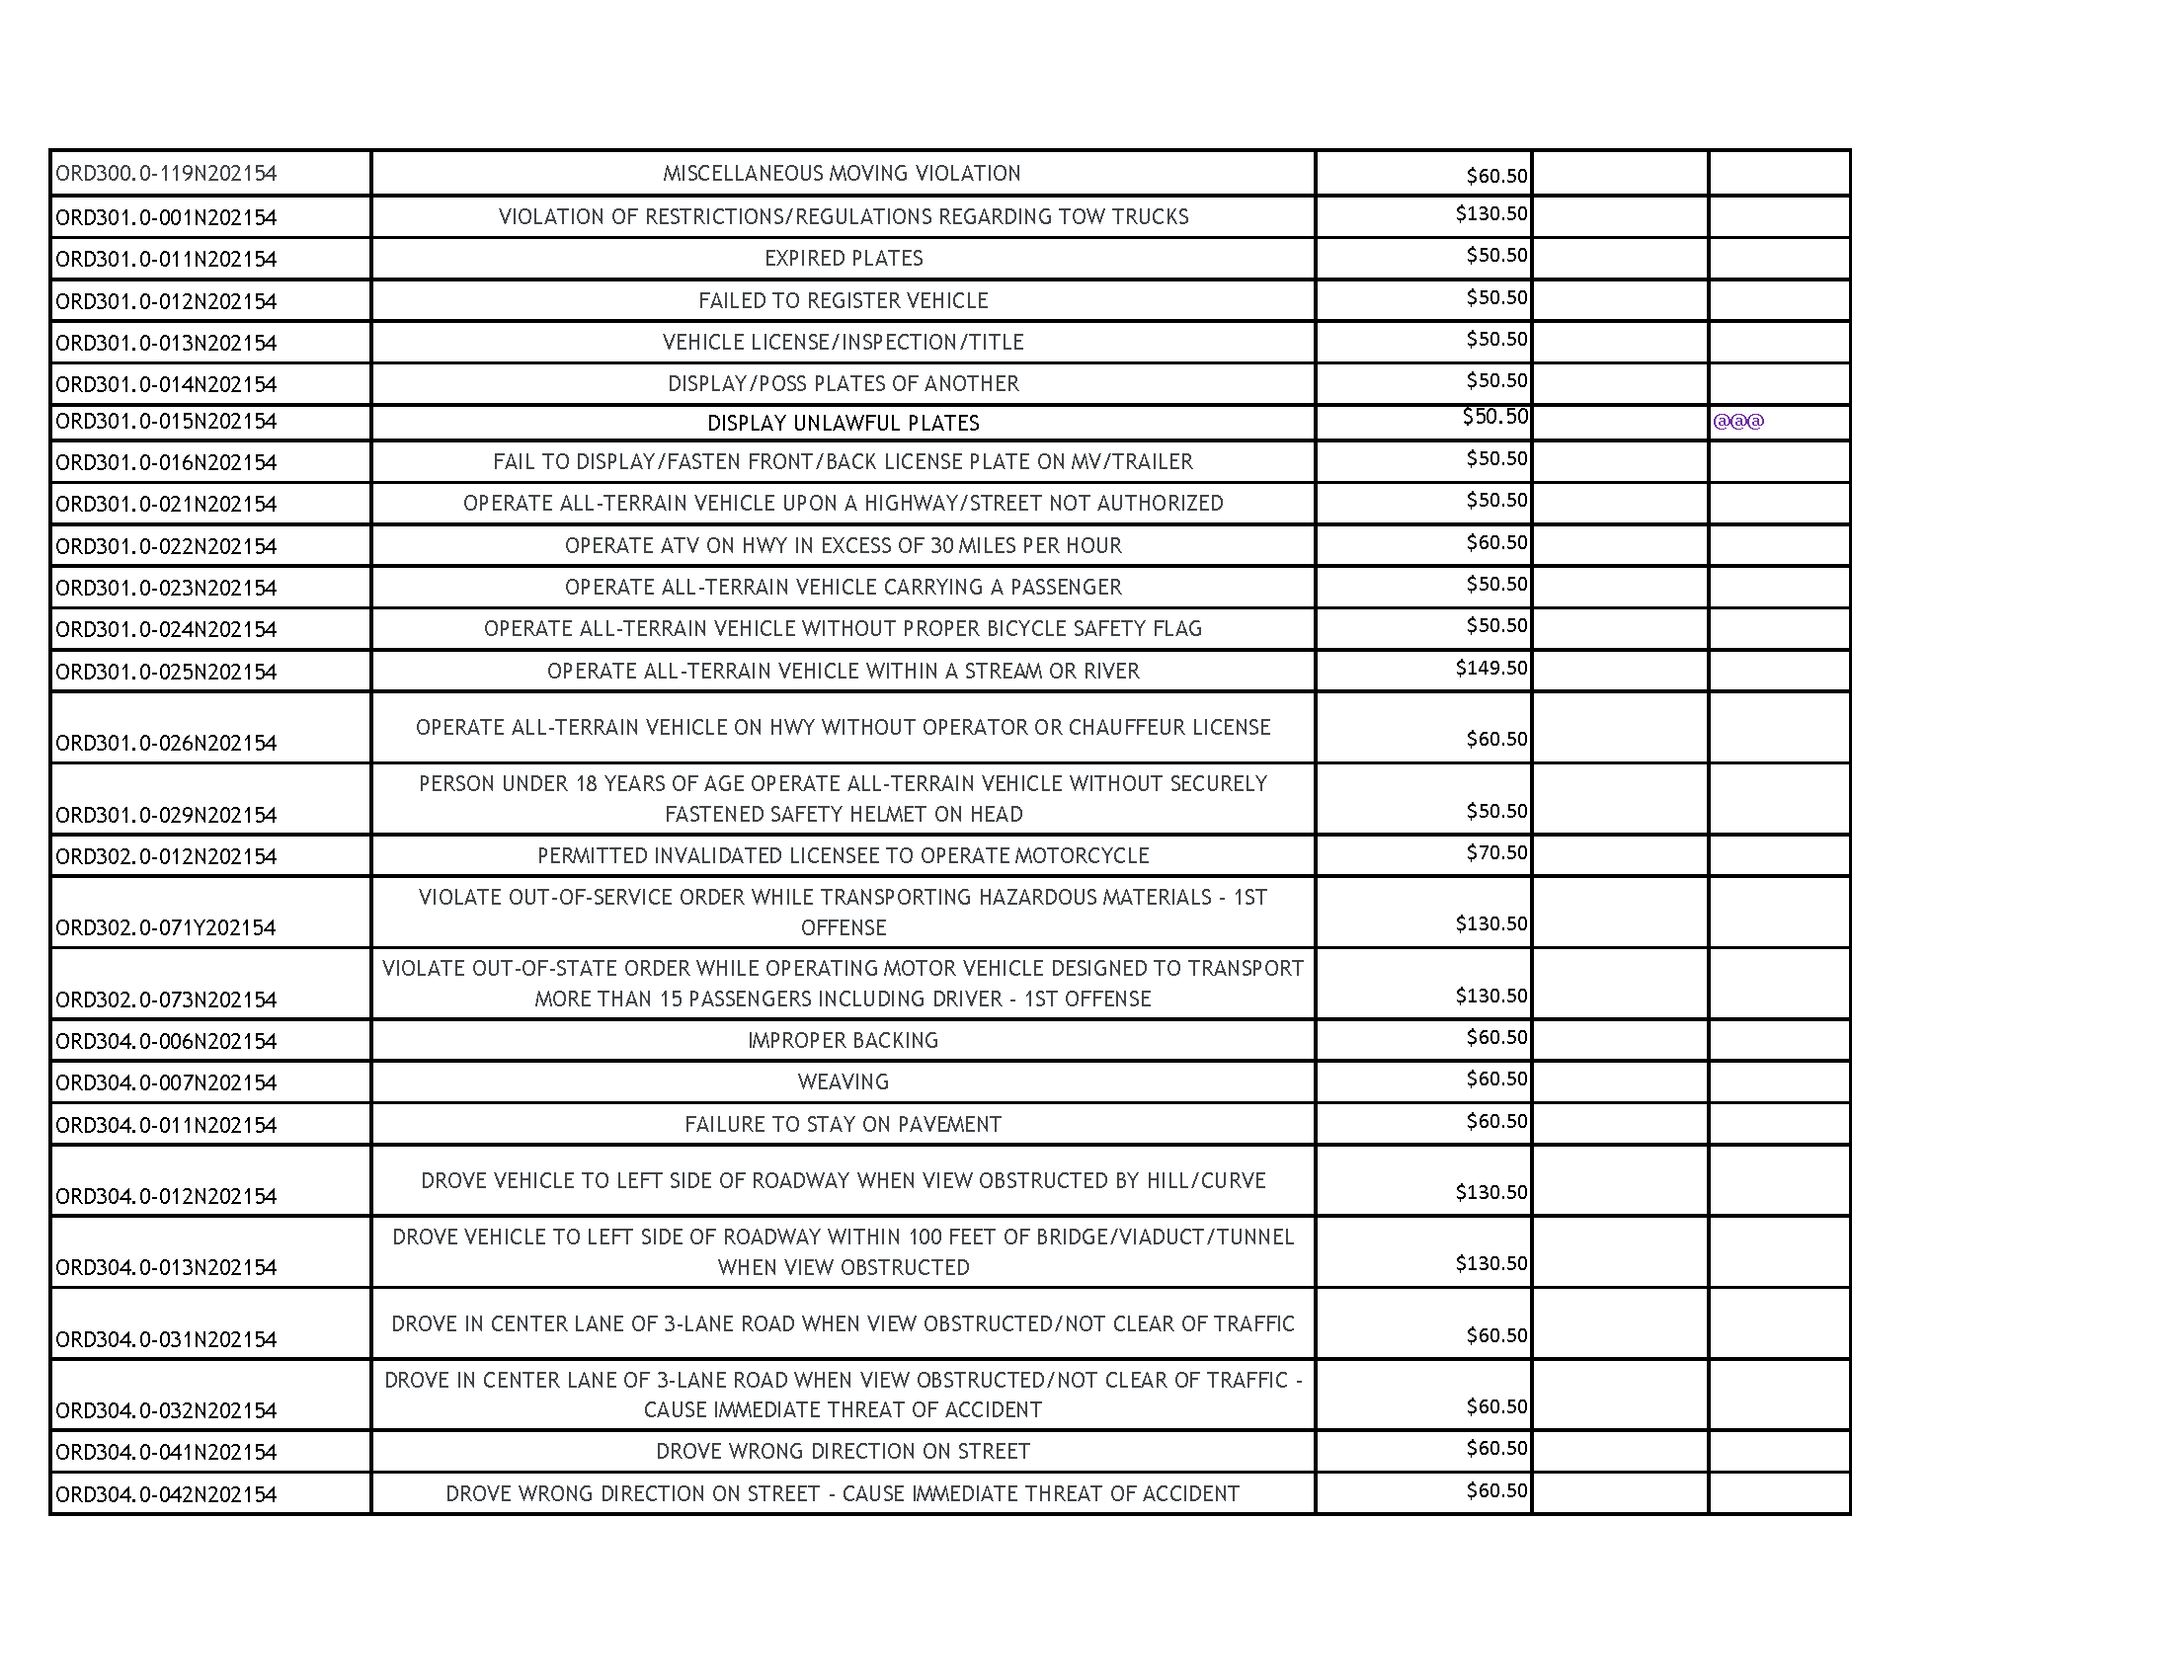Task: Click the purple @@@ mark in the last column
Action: point(1738,421)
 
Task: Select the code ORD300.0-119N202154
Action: point(166,174)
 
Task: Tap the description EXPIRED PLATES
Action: point(843,259)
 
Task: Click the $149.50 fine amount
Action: point(1490,668)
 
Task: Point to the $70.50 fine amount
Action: point(1495,852)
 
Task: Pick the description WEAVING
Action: point(843,1082)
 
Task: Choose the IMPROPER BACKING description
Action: point(843,1040)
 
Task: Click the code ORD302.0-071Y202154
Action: point(166,928)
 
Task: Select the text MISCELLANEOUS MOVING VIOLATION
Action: point(842,174)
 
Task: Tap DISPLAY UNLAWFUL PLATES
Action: point(843,424)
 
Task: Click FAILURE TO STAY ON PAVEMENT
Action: point(843,1125)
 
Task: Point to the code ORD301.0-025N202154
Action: point(166,673)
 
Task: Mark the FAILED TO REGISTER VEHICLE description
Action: point(843,300)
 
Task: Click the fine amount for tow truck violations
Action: point(1490,214)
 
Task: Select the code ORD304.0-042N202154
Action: point(166,1495)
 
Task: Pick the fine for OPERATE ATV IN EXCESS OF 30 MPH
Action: point(1495,542)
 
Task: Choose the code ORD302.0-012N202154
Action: point(166,857)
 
